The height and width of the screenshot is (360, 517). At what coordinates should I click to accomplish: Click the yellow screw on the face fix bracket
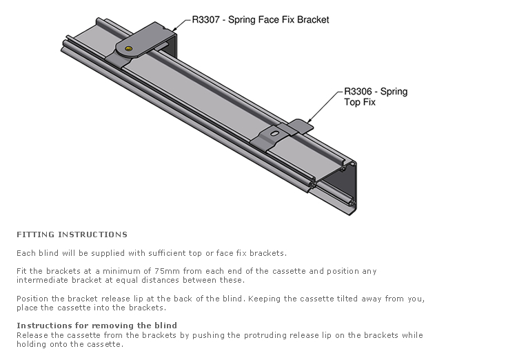tap(129, 49)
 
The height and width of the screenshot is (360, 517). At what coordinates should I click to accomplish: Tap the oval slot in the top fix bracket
tap(274, 133)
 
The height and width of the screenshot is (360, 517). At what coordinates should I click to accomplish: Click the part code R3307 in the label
tap(205, 20)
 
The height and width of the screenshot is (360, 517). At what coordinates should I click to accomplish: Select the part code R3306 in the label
tap(358, 92)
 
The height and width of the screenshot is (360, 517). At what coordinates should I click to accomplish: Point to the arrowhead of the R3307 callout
tap(174, 30)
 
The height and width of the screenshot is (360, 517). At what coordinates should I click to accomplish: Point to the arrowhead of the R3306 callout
tap(309, 121)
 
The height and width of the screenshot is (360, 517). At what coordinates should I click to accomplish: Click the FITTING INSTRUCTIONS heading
tap(72, 234)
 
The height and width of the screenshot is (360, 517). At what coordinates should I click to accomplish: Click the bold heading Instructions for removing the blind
tap(97, 326)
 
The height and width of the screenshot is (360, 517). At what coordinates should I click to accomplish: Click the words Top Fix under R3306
tap(360, 102)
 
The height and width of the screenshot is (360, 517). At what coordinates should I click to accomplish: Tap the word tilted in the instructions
tap(347, 299)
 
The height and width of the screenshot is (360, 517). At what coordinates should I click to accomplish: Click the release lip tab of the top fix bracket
tap(300, 126)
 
